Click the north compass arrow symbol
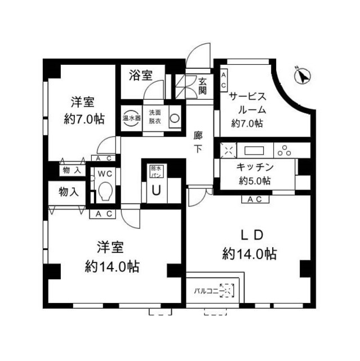point(303,75)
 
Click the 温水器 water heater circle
point(131,119)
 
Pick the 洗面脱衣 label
point(155,119)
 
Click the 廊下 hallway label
point(198,142)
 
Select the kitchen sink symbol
point(255,150)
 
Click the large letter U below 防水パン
point(155,190)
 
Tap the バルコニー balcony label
point(207,291)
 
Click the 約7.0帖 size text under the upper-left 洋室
point(83,119)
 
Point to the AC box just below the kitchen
point(252,199)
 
